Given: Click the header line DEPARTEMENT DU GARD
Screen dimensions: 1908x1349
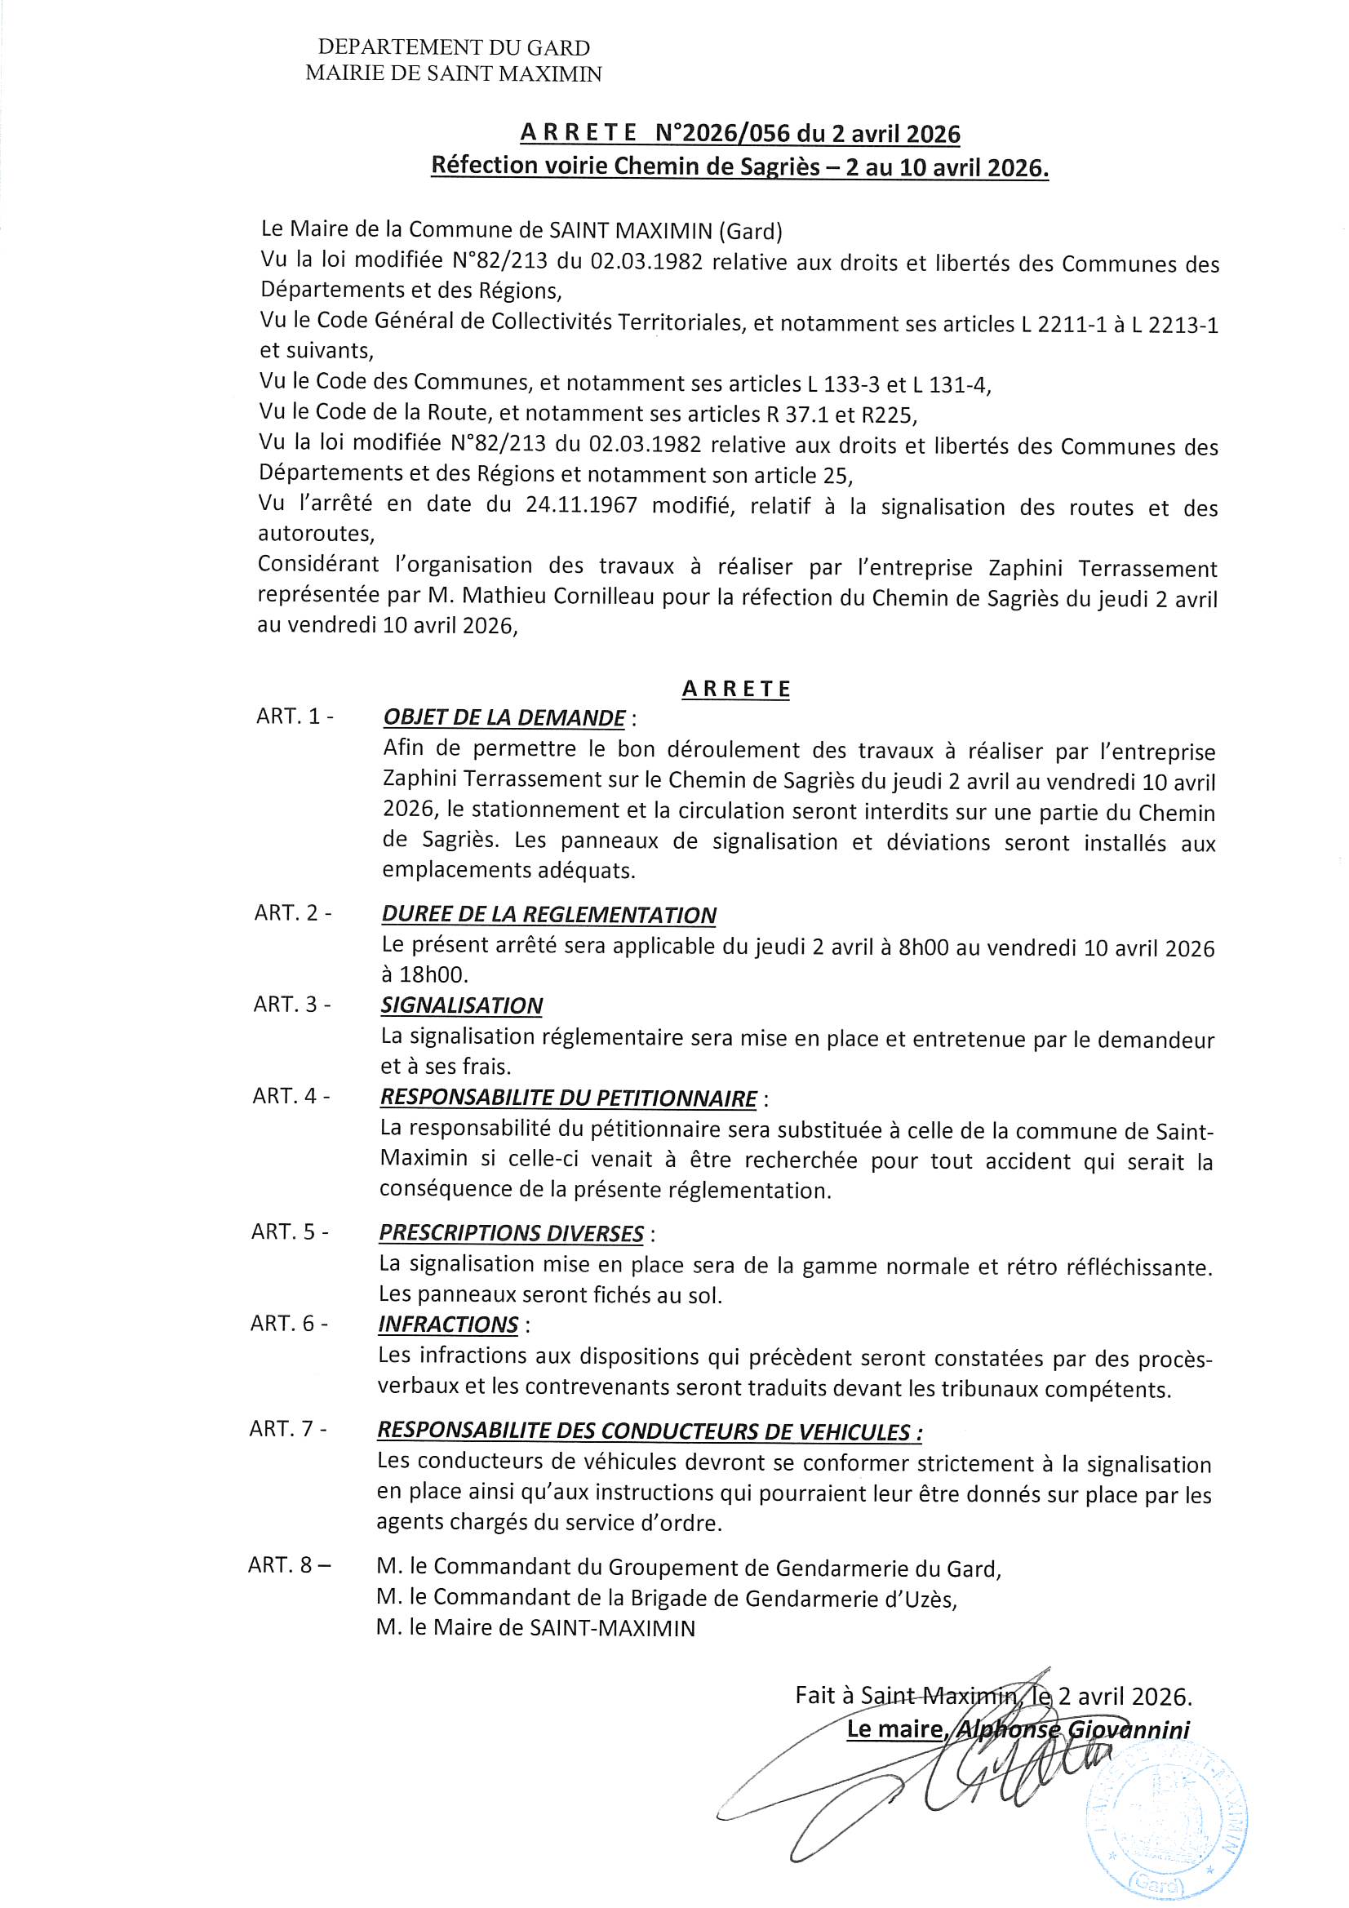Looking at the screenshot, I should [x=453, y=48].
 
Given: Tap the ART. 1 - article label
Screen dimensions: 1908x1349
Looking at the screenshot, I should [x=295, y=717].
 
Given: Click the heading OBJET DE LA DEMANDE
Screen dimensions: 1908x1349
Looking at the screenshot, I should [x=504, y=718].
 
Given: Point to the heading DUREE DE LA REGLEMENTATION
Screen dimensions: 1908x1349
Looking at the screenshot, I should [x=548, y=915].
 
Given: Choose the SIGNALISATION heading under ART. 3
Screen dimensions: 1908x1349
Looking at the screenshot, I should [x=461, y=1005].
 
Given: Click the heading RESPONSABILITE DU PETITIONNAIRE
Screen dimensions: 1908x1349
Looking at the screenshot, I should [x=569, y=1098].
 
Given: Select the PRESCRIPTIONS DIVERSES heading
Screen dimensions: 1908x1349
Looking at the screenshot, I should [x=511, y=1233].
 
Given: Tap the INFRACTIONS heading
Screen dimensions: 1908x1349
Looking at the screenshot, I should [x=448, y=1325].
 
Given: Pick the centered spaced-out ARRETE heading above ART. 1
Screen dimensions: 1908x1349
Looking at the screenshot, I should [x=735, y=689].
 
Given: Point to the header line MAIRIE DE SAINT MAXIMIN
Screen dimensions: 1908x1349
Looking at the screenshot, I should [x=453, y=74].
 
